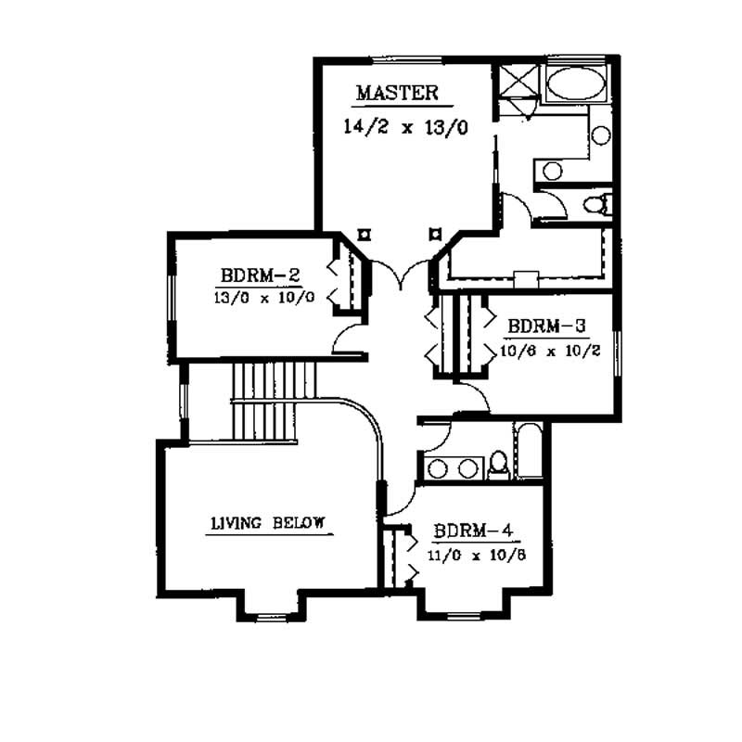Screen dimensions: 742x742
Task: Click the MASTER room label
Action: click(397, 93)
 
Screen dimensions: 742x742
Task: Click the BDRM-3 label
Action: click(546, 327)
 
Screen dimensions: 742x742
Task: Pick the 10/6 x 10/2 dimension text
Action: click(546, 351)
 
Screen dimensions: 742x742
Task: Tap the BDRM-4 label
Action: click(473, 533)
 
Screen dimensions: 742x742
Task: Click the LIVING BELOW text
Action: click(267, 523)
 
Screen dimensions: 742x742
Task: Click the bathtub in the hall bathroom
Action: click(531, 452)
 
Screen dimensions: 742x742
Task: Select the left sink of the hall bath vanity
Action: click(439, 468)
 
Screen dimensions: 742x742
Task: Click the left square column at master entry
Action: click(365, 234)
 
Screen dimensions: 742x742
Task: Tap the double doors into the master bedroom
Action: click(400, 274)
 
